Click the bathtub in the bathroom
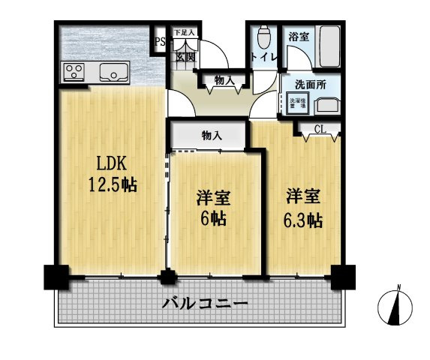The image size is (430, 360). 329,46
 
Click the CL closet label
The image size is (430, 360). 320,130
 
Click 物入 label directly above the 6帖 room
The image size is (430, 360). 211,135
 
